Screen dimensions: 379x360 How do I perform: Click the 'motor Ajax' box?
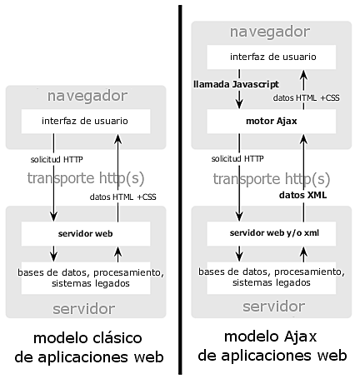[x=272, y=120]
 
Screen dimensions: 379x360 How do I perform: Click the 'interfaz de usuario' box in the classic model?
[x=85, y=122]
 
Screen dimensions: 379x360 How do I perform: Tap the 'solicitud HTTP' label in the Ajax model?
[x=237, y=158]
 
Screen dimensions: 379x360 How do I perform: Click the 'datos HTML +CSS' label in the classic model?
[x=122, y=197]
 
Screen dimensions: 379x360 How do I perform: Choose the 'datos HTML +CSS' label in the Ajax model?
[x=306, y=97]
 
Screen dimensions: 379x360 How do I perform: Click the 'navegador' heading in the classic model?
[x=87, y=95]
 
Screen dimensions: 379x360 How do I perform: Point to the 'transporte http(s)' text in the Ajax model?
[x=266, y=178]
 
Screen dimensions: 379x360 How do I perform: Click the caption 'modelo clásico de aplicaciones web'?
[x=87, y=348]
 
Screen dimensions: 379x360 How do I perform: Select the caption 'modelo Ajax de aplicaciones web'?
[x=272, y=347]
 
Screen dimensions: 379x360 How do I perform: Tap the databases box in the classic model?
[x=86, y=277]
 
